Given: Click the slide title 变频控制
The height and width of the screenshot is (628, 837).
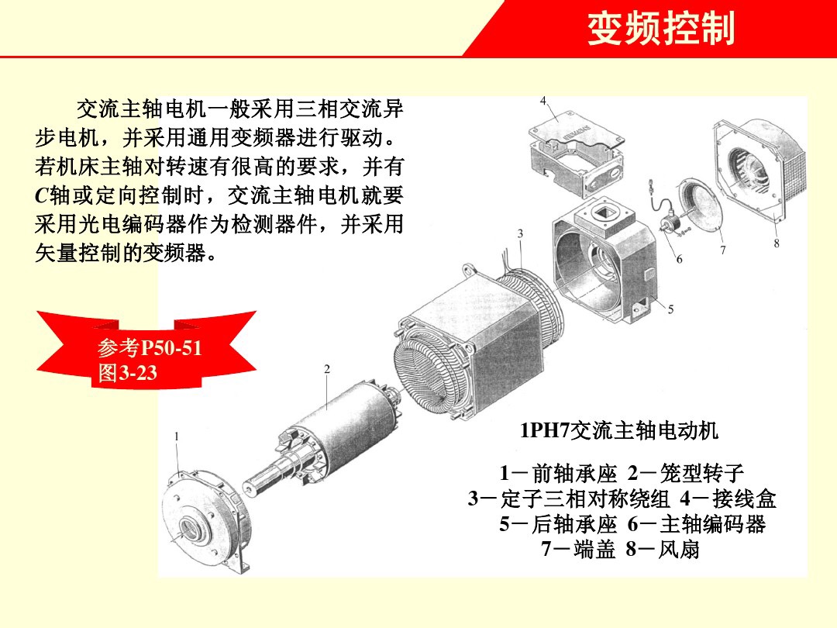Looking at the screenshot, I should pyautogui.click(x=660, y=29).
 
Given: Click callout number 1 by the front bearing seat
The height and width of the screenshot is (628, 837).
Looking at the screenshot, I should pyautogui.click(x=177, y=436).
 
